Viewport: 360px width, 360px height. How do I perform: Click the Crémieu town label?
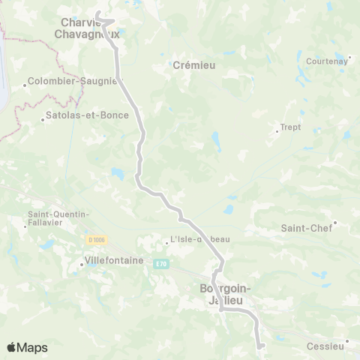(x=194, y=65)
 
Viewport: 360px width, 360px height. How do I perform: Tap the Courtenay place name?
(x=326, y=61)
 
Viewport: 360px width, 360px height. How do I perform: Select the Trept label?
(x=290, y=127)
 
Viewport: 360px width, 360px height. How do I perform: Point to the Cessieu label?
(x=325, y=346)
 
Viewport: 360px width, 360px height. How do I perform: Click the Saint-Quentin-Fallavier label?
(x=58, y=218)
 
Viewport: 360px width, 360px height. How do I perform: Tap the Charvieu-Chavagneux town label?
(x=87, y=28)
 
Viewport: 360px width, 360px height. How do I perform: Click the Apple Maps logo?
(x=26, y=347)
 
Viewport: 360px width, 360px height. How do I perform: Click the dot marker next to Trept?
(x=277, y=132)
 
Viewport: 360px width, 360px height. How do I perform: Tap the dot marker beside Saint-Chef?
(x=335, y=223)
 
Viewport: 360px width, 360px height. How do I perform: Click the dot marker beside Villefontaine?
(x=82, y=264)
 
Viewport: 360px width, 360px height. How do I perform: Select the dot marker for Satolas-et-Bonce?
(x=43, y=118)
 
